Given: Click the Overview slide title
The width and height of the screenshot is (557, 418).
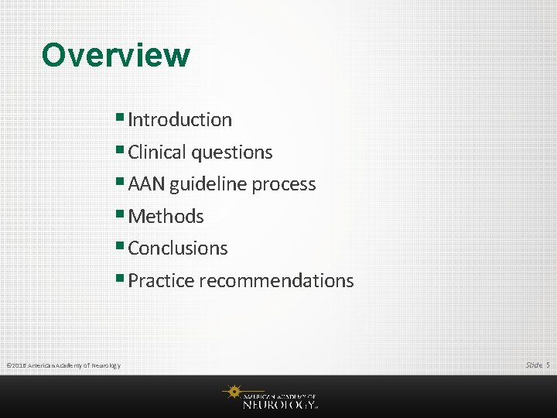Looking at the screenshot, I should click(x=115, y=55).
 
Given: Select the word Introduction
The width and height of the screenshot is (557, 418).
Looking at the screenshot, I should click(x=179, y=120).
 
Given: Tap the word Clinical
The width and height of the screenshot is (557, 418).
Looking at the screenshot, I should click(x=156, y=152).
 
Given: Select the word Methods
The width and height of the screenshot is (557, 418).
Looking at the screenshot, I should click(x=166, y=217).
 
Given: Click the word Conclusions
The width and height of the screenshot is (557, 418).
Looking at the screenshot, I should click(x=178, y=248).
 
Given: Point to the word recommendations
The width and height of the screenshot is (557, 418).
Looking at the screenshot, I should click(x=276, y=281).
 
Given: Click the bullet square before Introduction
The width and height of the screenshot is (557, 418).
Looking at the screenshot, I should click(x=122, y=118).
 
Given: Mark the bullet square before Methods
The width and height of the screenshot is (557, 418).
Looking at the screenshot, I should click(x=122, y=214).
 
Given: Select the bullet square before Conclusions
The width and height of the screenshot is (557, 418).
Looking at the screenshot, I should click(x=122, y=246).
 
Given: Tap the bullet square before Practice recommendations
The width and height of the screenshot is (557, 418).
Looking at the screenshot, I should click(x=122, y=279).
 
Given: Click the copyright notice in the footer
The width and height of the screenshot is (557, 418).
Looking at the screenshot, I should click(x=63, y=365).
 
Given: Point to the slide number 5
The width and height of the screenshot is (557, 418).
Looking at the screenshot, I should click(x=548, y=365).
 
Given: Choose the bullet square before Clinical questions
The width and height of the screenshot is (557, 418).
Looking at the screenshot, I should click(x=122, y=150).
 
